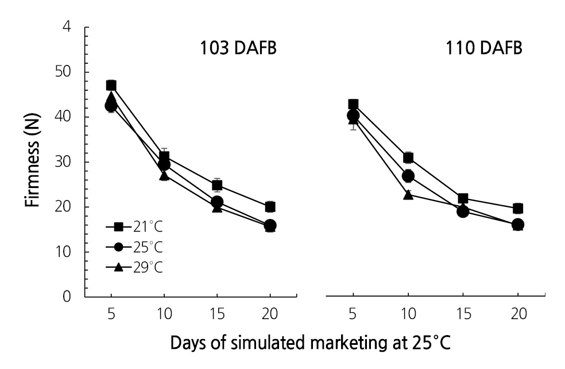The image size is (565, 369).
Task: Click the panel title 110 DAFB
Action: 484,48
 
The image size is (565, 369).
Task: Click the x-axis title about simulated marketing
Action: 310,344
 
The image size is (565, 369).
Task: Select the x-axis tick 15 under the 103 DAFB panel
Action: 217,315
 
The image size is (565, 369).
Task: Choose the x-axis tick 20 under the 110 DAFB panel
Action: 517,315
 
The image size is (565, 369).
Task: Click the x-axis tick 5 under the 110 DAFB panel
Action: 353,315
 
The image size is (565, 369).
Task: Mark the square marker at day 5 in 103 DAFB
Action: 111,86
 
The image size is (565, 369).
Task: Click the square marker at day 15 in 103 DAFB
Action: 217,185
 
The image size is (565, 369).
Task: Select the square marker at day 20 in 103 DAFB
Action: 270,206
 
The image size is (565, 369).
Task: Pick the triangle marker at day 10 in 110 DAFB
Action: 408,194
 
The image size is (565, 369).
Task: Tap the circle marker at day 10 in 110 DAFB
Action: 408,176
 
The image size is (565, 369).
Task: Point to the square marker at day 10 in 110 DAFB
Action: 408,157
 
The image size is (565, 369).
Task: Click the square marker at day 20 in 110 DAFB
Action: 517,208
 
